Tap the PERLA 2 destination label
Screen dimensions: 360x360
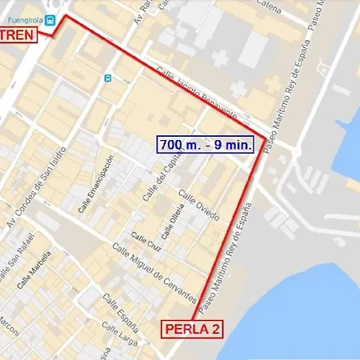tap(192, 328)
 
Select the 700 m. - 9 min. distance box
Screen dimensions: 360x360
tap(206, 144)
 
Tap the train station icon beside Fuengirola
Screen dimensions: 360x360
tap(50, 20)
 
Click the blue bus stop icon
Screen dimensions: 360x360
tap(108, 78)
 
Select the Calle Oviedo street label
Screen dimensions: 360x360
tap(198, 205)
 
